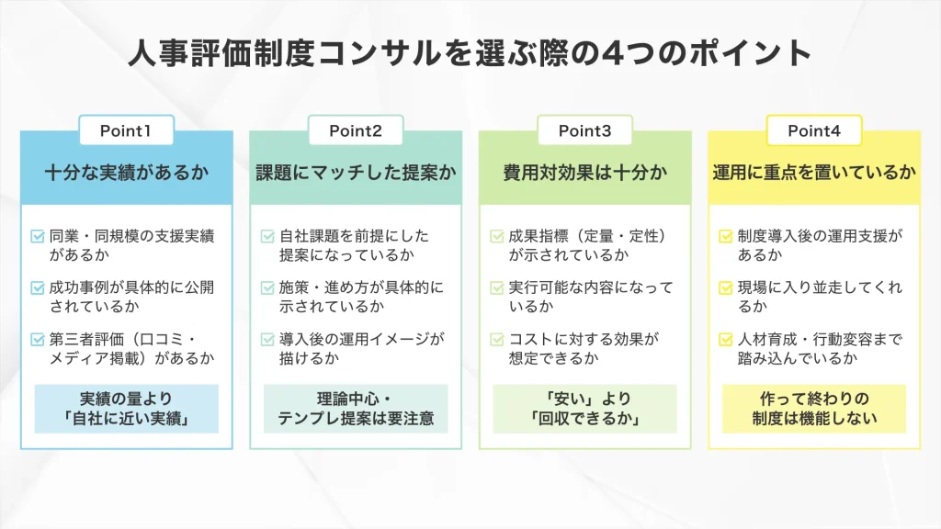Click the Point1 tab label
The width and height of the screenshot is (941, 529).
pyautogui.click(x=126, y=130)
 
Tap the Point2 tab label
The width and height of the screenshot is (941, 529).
pyautogui.click(x=356, y=130)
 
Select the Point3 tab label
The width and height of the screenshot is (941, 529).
pyautogui.click(x=584, y=130)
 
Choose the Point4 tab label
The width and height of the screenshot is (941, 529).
pyautogui.click(x=814, y=130)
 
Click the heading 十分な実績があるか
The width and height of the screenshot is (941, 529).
pyautogui.click(x=127, y=172)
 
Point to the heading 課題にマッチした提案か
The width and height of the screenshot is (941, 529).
pyautogui.click(x=356, y=172)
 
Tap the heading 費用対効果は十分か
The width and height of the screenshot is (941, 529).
pyautogui.click(x=584, y=172)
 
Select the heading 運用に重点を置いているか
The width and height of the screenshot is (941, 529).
pyautogui.click(x=814, y=172)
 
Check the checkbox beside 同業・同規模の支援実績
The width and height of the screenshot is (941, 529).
pyautogui.click(x=38, y=236)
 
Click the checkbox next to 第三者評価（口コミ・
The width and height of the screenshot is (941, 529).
pyautogui.click(x=38, y=339)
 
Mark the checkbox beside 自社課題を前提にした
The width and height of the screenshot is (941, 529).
pyautogui.click(x=267, y=236)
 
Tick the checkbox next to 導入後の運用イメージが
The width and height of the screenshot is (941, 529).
pyautogui.click(x=267, y=339)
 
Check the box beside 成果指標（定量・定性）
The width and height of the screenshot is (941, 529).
pyautogui.click(x=497, y=236)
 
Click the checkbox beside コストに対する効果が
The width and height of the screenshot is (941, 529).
pyautogui.click(x=497, y=339)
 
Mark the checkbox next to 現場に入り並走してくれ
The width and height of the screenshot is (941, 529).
pyautogui.click(x=726, y=287)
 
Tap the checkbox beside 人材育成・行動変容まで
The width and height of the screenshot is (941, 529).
pyautogui.click(x=726, y=339)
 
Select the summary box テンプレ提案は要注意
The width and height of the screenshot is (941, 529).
pyautogui.click(x=356, y=419)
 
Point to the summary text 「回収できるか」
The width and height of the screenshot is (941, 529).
pyautogui.click(x=584, y=419)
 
